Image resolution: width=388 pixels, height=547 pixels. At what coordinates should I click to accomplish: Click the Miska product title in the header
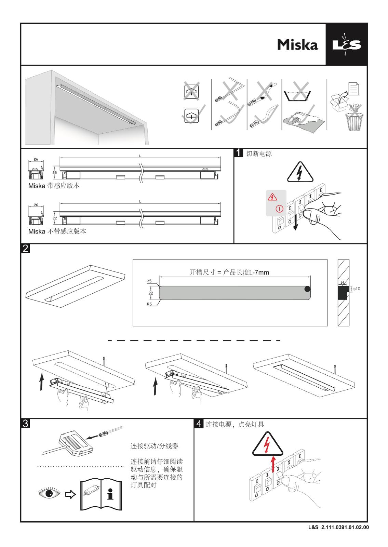pyautogui.click(x=297, y=45)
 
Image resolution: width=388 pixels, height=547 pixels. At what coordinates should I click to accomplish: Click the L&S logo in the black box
pyautogui.click(x=346, y=45)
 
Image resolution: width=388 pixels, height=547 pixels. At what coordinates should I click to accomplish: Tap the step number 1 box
pyautogui.click(x=238, y=152)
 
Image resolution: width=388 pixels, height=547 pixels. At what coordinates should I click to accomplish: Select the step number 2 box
pyautogui.click(x=25, y=249)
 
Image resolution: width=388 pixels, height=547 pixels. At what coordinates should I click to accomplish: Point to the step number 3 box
pyautogui.click(x=25, y=423)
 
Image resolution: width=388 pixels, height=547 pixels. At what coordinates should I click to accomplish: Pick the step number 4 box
pyautogui.click(x=199, y=423)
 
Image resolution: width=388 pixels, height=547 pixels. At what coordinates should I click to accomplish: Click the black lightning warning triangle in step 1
pyautogui.click(x=300, y=172)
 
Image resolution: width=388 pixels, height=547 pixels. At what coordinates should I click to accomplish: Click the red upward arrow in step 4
pyautogui.click(x=273, y=464)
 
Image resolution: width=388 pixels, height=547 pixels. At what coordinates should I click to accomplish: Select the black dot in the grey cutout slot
pyautogui.click(x=307, y=289)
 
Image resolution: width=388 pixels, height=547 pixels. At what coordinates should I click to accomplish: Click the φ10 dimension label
pyautogui.click(x=356, y=289)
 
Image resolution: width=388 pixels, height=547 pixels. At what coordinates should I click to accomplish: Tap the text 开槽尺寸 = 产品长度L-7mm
pyautogui.click(x=229, y=272)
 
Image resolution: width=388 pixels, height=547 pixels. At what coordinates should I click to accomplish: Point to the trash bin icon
pyautogui.click(x=353, y=121)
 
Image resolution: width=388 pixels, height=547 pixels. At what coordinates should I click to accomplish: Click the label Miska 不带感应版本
pyautogui.click(x=57, y=231)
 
